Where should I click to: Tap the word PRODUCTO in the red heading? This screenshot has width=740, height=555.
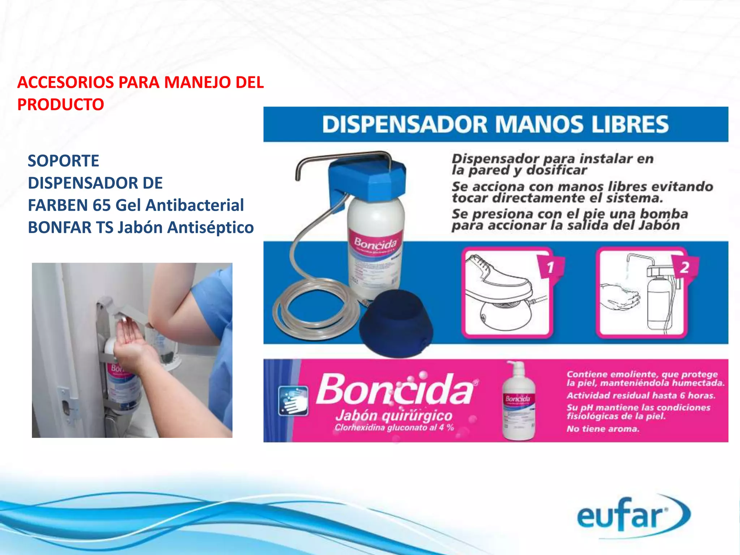(61, 105)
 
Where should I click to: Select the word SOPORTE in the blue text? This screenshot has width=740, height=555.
(63, 161)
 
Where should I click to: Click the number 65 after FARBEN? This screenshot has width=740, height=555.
(102, 205)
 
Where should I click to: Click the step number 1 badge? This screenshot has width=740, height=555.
(550, 268)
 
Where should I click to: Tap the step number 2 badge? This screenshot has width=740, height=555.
(684, 268)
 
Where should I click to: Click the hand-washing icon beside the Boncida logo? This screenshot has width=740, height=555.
(293, 401)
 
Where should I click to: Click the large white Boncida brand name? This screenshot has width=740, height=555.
(396, 390)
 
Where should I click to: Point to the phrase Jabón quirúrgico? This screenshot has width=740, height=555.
(394, 416)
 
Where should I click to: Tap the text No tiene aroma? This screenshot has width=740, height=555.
(603, 429)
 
